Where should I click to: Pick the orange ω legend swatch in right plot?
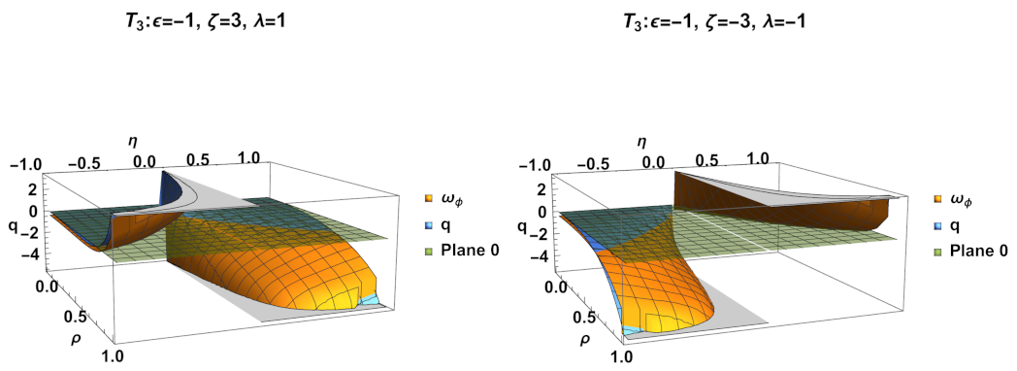(x=937, y=201)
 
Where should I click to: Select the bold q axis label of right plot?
(x=523, y=229)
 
